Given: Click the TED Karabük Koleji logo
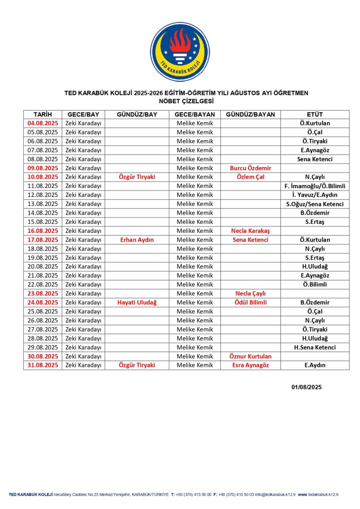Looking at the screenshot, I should click(180, 52).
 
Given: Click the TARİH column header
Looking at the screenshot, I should click(42, 115).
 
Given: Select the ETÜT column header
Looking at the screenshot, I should click(315, 115).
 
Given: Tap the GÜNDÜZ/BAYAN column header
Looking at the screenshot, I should click(250, 115).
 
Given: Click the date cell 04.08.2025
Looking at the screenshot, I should click(42, 123).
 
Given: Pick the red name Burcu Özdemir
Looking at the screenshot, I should click(250, 168).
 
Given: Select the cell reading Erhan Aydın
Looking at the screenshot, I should click(137, 240).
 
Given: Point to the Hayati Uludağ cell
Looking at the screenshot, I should click(137, 302).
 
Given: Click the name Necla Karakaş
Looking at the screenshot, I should click(250, 231).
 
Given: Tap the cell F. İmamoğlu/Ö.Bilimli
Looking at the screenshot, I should click(315, 186).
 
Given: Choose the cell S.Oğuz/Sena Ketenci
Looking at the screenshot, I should click(315, 204).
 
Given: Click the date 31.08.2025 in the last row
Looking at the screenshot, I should click(42, 365).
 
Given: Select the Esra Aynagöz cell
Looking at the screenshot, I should click(250, 365).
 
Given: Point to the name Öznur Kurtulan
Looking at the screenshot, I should click(250, 356).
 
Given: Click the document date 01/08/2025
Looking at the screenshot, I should click(306, 387).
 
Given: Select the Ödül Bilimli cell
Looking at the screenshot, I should click(250, 302).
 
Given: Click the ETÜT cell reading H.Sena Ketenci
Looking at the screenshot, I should click(315, 347).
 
